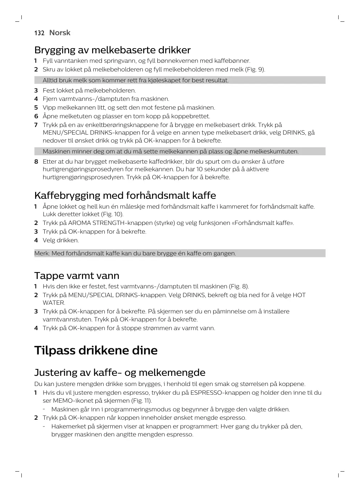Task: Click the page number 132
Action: (39, 33)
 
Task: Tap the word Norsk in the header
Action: (60, 33)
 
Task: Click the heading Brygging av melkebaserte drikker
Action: (112, 50)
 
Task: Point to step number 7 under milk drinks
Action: (36, 125)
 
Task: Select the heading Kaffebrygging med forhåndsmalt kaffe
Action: (125, 196)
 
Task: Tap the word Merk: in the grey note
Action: (42, 253)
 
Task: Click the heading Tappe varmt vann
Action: (77, 276)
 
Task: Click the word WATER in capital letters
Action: (54, 303)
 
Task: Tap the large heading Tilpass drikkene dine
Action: (96, 350)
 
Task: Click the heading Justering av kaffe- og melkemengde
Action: (120, 373)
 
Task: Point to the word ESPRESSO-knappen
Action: (220, 393)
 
